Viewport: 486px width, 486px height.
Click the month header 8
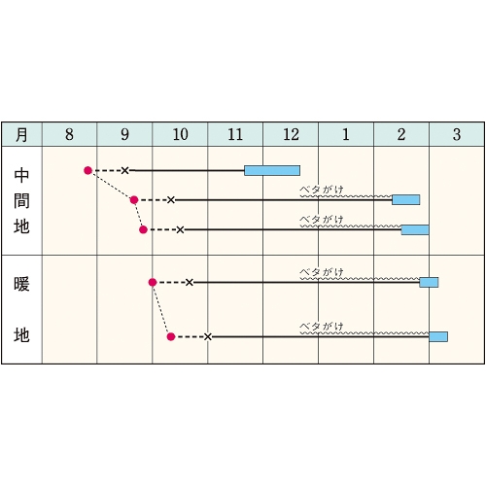coord(69,134)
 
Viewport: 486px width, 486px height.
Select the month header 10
coord(180,134)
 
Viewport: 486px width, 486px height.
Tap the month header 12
coord(291,134)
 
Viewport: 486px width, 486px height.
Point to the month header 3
coord(457,134)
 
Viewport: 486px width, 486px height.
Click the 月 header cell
coord(21,134)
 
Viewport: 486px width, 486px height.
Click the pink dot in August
coord(87,170)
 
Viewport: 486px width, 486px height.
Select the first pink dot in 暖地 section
coord(153,283)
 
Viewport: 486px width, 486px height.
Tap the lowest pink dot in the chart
coord(171,337)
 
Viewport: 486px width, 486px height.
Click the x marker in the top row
coord(124,170)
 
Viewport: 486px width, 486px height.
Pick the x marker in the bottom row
coord(208,337)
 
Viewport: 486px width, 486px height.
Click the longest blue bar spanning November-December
coord(272,170)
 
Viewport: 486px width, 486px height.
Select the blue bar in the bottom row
coord(438,337)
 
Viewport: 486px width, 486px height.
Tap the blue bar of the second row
coord(406,200)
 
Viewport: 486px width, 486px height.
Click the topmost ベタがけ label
coord(322,190)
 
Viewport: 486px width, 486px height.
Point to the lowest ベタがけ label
coord(322,327)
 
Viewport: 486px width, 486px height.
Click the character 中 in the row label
coord(21,175)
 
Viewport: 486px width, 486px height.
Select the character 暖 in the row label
coord(21,284)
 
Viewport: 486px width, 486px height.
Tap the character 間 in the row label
coord(21,201)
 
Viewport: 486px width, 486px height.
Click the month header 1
coord(346,134)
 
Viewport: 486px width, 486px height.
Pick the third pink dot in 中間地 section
coord(143,229)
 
